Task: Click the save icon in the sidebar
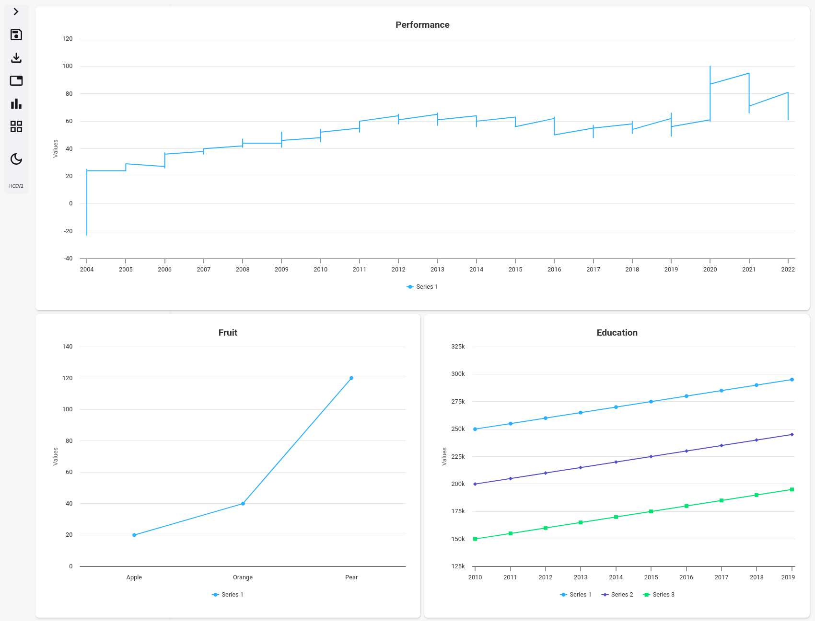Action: point(16,34)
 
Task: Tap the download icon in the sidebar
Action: point(16,57)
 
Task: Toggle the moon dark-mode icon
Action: point(16,159)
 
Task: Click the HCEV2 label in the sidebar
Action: point(16,186)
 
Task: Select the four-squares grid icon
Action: point(16,126)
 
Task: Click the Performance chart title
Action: point(422,25)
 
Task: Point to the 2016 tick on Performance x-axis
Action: point(554,269)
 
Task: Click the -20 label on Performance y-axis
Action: point(68,231)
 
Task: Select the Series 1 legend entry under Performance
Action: point(422,287)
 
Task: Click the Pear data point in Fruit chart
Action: point(351,378)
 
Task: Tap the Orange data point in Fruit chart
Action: point(243,504)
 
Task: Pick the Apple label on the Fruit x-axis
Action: point(134,577)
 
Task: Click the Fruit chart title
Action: point(228,333)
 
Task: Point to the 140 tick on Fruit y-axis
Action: point(68,347)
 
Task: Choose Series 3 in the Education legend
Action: point(659,595)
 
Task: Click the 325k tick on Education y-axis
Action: point(458,347)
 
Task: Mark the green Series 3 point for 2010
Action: point(475,539)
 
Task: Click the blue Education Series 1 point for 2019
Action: point(792,380)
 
